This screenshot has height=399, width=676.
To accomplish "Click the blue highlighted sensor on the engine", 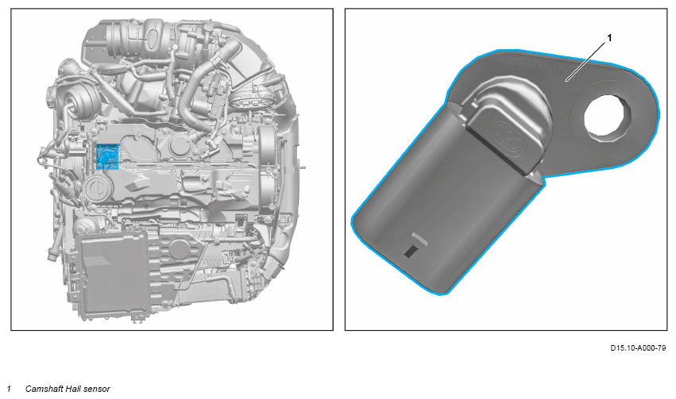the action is click(107, 157).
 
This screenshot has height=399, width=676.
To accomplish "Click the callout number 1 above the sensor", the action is click(609, 38).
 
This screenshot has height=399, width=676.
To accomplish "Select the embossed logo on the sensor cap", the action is click(510, 139).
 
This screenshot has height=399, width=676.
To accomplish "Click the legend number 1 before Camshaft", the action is click(9, 389).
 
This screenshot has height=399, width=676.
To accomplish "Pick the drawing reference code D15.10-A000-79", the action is click(638, 347).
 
